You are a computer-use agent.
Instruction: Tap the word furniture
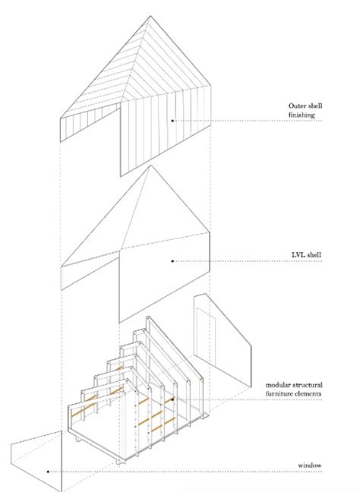[x=286, y=395]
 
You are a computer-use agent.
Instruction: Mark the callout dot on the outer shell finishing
[x=173, y=120]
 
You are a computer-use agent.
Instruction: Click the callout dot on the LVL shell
[x=173, y=261]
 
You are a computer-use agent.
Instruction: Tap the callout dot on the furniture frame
[x=174, y=399]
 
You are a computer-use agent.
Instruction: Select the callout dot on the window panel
[x=47, y=471]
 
